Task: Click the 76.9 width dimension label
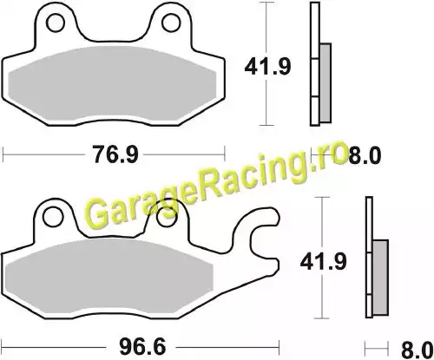click(115, 154)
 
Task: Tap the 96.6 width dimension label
click(142, 347)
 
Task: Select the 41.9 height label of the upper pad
click(267, 67)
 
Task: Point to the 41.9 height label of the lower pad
click(323, 262)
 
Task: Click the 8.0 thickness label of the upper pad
click(365, 155)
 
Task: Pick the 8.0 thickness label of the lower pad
click(418, 350)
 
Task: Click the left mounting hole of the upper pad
click(56, 23)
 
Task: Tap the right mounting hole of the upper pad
click(171, 23)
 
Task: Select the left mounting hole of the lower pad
click(53, 216)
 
